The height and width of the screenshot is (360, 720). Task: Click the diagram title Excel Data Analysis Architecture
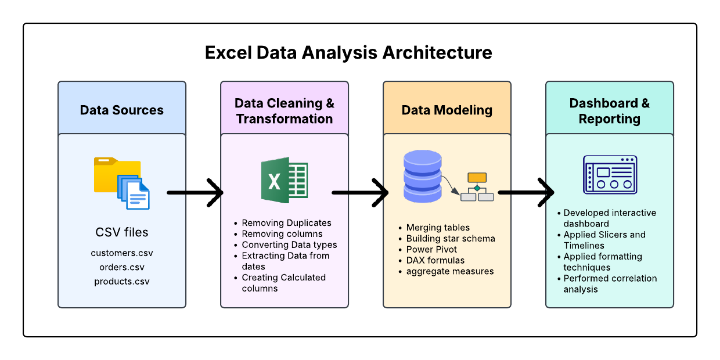(x=348, y=53)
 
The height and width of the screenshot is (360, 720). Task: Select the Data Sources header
(x=122, y=110)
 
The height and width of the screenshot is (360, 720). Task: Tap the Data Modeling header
(x=447, y=110)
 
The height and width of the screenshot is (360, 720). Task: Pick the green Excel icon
(x=284, y=180)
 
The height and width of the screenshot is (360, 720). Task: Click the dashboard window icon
(x=610, y=174)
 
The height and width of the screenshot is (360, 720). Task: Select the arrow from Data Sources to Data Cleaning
(x=195, y=192)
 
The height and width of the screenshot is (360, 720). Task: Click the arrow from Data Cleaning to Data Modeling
(x=360, y=192)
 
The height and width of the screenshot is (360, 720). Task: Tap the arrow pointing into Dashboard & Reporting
(x=526, y=192)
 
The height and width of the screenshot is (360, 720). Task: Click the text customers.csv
(x=122, y=253)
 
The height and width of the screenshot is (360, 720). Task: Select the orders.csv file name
(x=122, y=267)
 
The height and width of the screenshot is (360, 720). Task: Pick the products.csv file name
(x=122, y=282)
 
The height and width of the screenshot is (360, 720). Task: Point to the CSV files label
(x=122, y=232)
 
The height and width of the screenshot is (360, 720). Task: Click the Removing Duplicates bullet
(x=286, y=223)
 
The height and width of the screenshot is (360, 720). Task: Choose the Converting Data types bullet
(x=289, y=245)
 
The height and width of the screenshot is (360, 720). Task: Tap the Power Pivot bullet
(x=431, y=249)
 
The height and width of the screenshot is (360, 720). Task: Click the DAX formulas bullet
(x=435, y=260)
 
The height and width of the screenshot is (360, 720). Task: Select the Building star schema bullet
(x=451, y=238)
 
